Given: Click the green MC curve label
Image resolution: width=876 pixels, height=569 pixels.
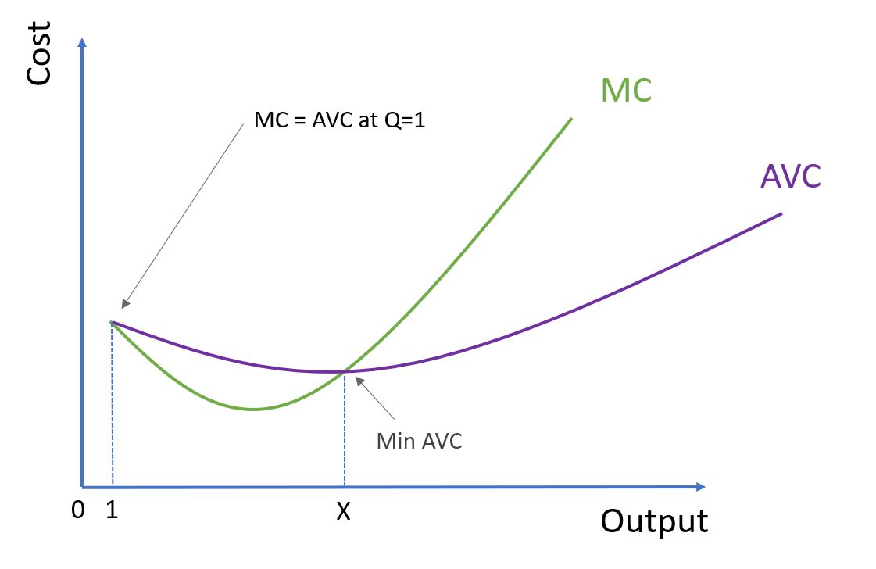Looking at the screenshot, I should point(626,91).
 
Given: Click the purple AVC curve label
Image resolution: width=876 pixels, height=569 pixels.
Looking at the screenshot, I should point(790,177).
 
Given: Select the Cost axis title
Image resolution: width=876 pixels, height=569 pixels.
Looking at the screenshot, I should point(38,52).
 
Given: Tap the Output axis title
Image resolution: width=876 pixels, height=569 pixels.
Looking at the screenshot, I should point(654,521).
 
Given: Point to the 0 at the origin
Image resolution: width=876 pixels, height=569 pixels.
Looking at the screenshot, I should point(77,510).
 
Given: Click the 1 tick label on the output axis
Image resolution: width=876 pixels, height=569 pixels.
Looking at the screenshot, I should point(113,510).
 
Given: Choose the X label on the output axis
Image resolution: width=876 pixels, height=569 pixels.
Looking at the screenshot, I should point(343,512).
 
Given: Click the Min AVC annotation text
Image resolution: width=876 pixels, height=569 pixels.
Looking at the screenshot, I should point(419,441).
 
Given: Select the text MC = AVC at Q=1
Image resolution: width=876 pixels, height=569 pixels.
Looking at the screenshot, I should point(340,122).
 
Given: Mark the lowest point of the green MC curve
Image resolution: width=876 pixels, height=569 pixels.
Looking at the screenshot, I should point(252,409).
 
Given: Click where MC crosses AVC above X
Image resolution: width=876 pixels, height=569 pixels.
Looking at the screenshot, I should point(344,371).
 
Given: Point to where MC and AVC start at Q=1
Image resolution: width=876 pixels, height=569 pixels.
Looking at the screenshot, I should point(113,321).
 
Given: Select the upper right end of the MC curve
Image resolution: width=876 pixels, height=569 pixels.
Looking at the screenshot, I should point(571,119).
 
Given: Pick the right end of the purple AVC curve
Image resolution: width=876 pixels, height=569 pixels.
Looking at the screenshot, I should point(781,213).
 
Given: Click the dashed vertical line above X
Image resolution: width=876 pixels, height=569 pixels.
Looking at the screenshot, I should point(345,430).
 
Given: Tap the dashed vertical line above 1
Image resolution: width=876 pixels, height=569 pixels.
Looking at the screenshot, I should point(113,406).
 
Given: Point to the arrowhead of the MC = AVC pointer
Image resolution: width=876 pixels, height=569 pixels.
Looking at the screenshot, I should point(123,306).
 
